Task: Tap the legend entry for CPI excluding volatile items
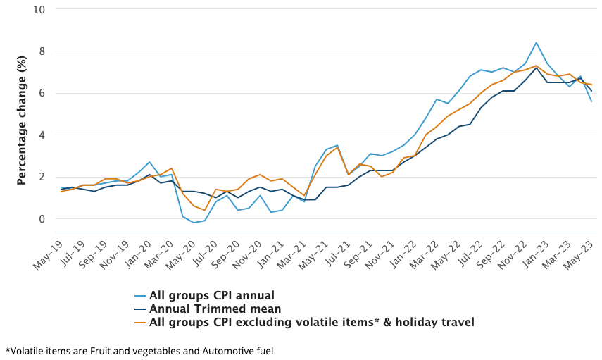click(x=311, y=322)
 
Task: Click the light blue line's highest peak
click(x=537, y=43)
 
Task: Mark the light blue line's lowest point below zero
click(x=194, y=223)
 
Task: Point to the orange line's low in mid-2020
click(x=204, y=210)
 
